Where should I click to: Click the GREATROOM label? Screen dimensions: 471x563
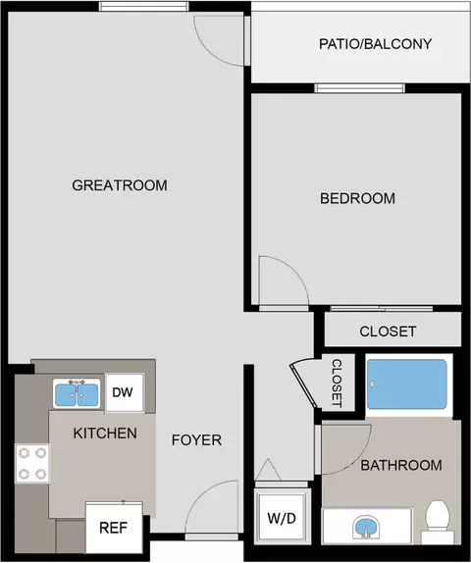tap(120, 185)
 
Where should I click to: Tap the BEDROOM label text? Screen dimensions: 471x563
tap(357, 198)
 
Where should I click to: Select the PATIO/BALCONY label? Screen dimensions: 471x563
tap(376, 44)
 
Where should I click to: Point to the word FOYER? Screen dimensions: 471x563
tap(196, 440)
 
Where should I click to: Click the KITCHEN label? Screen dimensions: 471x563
tap(105, 434)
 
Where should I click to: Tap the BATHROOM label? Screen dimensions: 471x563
tap(401, 465)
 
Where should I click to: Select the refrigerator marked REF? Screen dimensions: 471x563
tap(114, 528)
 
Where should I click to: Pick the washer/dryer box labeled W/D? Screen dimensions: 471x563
tap(282, 518)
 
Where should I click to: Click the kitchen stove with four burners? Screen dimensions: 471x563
tap(32, 464)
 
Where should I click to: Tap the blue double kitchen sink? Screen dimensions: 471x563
tap(77, 393)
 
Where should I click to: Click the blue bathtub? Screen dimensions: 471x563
tap(407, 384)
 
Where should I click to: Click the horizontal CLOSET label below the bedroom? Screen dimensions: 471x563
tap(388, 332)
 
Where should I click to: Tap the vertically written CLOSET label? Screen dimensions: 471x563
tap(337, 384)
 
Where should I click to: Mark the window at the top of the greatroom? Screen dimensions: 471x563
tap(143, 7)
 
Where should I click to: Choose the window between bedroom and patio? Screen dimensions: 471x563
tap(359, 88)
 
